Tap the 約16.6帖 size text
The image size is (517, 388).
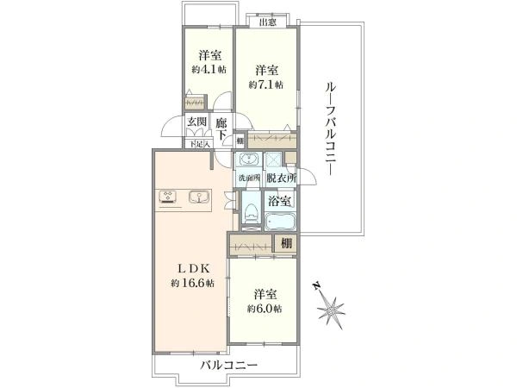coord(191,284)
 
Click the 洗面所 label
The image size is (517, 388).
coord(249,178)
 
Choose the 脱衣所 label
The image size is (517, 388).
coord(281,178)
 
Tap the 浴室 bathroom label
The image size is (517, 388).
coord(280,201)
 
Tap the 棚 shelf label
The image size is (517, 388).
coord(285,244)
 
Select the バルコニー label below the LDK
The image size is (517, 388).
coord(229,366)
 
